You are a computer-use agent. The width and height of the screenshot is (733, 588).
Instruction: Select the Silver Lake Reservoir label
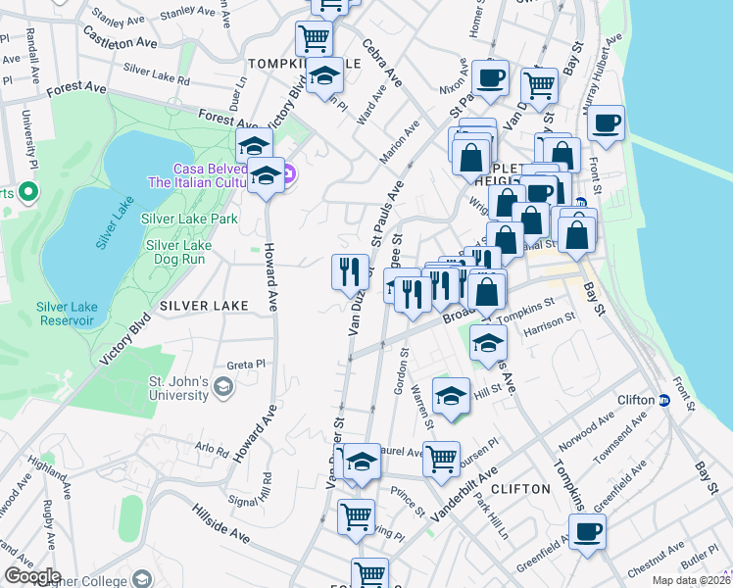[x=66, y=314]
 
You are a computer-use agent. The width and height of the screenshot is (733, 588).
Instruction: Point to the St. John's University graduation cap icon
[x=223, y=388]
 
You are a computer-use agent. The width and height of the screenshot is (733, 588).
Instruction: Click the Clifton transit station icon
[x=663, y=400]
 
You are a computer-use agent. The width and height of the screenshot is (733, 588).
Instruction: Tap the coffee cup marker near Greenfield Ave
[x=588, y=531]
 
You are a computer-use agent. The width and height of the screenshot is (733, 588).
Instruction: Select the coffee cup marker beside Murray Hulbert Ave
[x=607, y=122]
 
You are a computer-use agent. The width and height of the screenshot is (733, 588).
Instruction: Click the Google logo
[x=32, y=576]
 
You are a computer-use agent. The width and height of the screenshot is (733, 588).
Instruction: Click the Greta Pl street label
[x=246, y=364]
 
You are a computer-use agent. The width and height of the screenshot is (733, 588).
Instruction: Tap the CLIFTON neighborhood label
[x=515, y=488]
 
